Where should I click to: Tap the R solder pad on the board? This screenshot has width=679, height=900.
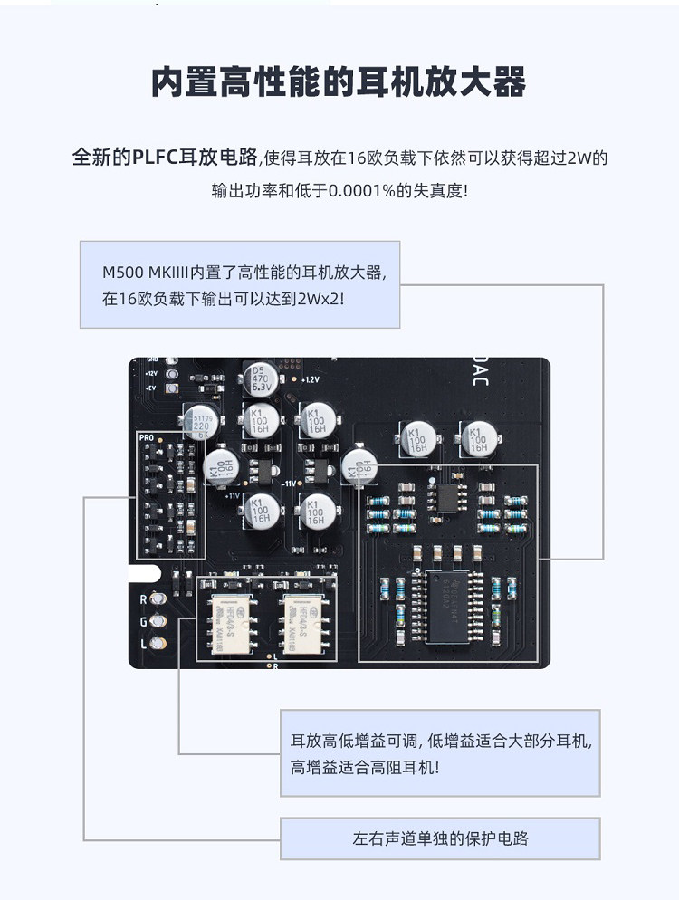160,599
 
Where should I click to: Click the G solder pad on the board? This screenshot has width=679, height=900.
160,621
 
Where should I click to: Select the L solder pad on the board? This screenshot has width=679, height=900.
160,643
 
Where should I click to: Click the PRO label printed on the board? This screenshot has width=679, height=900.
147,437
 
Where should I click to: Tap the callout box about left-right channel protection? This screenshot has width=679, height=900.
440,838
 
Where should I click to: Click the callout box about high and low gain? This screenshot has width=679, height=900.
440,753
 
